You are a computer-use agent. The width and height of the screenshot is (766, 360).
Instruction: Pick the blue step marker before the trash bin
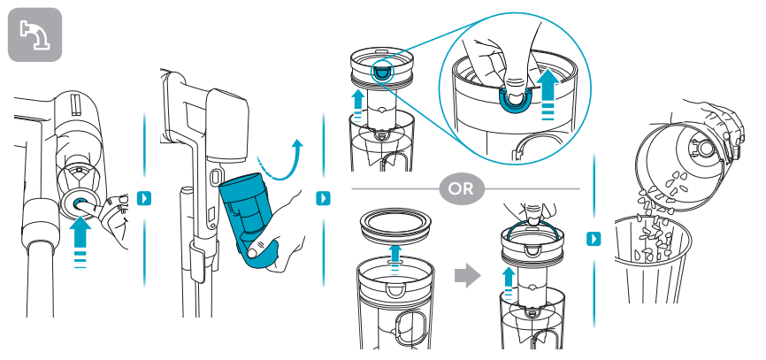[594, 238]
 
